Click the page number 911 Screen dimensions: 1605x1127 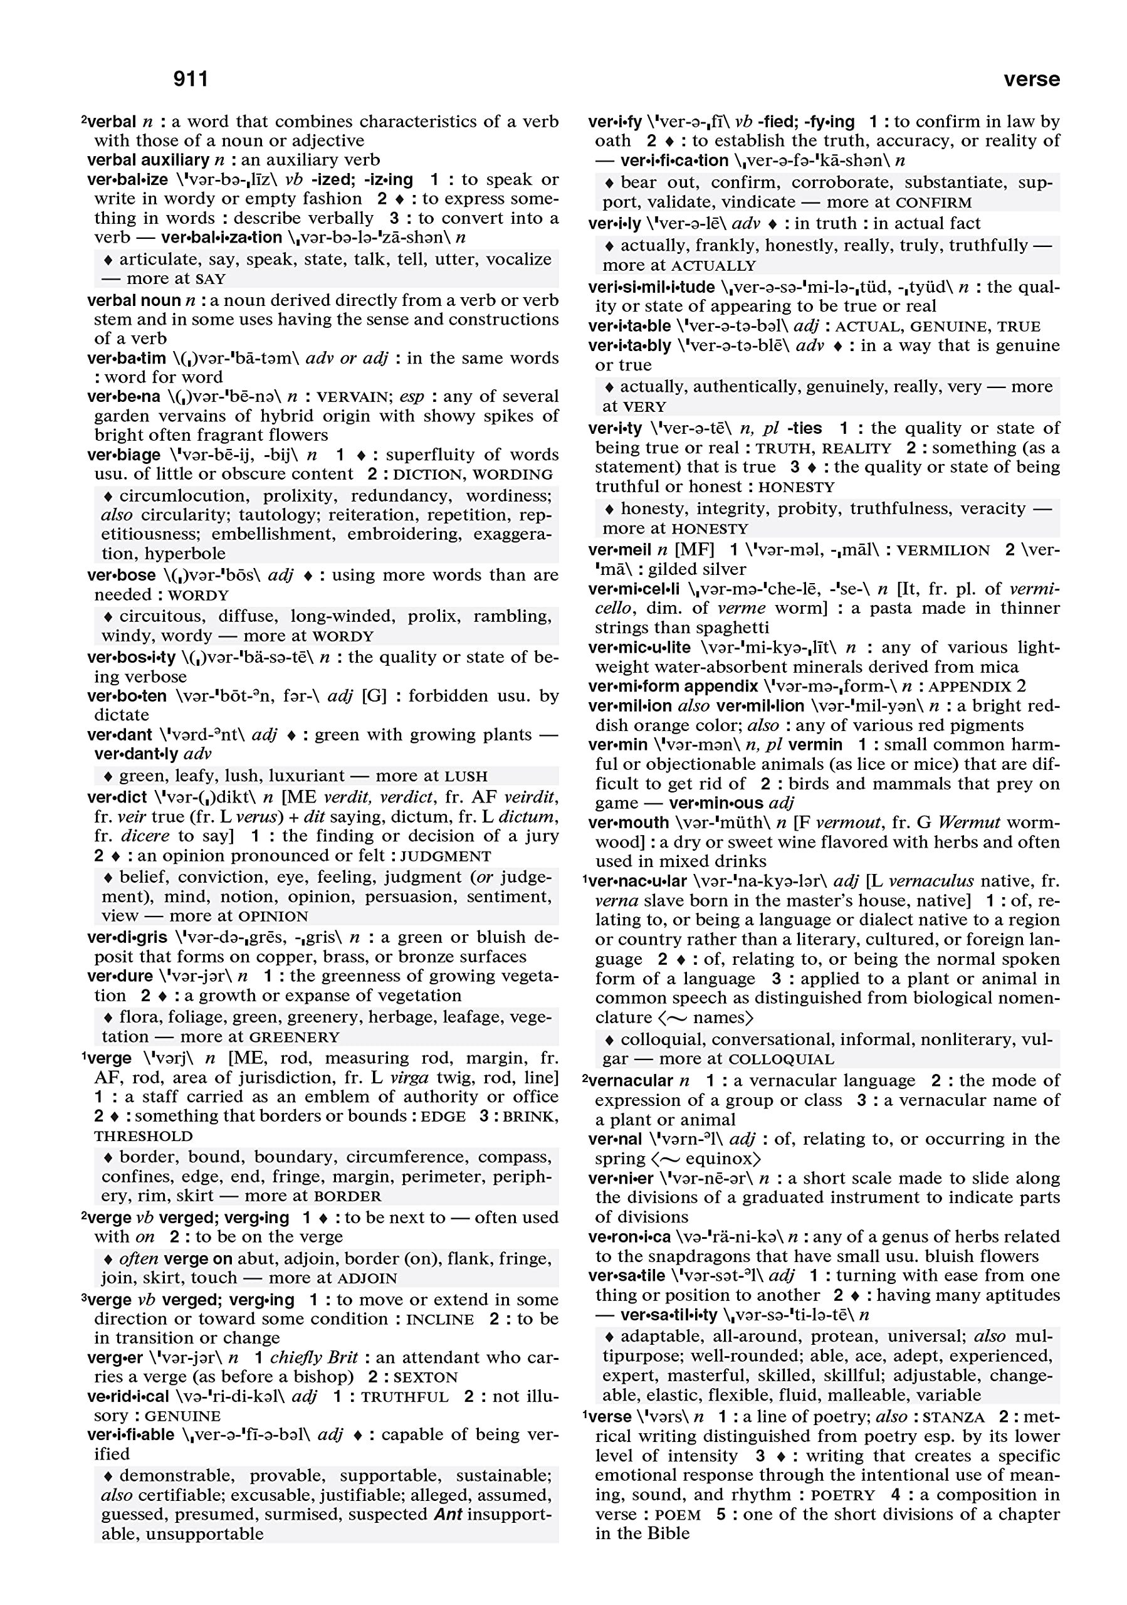tap(190, 79)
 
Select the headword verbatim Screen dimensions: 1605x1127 tap(127, 358)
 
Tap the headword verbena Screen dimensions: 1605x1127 tap(123, 396)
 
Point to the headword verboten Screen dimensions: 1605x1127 tap(127, 695)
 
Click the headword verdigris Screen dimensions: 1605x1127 tap(127, 937)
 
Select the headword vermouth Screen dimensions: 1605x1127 tap(628, 823)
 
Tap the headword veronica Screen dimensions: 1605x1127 tap(629, 1236)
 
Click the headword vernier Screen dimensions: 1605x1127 tap(620, 1179)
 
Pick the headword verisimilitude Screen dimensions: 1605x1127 tap(651, 287)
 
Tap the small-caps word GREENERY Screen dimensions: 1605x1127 tap(294, 1038)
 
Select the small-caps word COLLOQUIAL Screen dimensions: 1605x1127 tap(780, 1060)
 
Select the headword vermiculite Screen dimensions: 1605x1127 tap(639, 647)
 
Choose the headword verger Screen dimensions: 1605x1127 tap(115, 1357)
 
